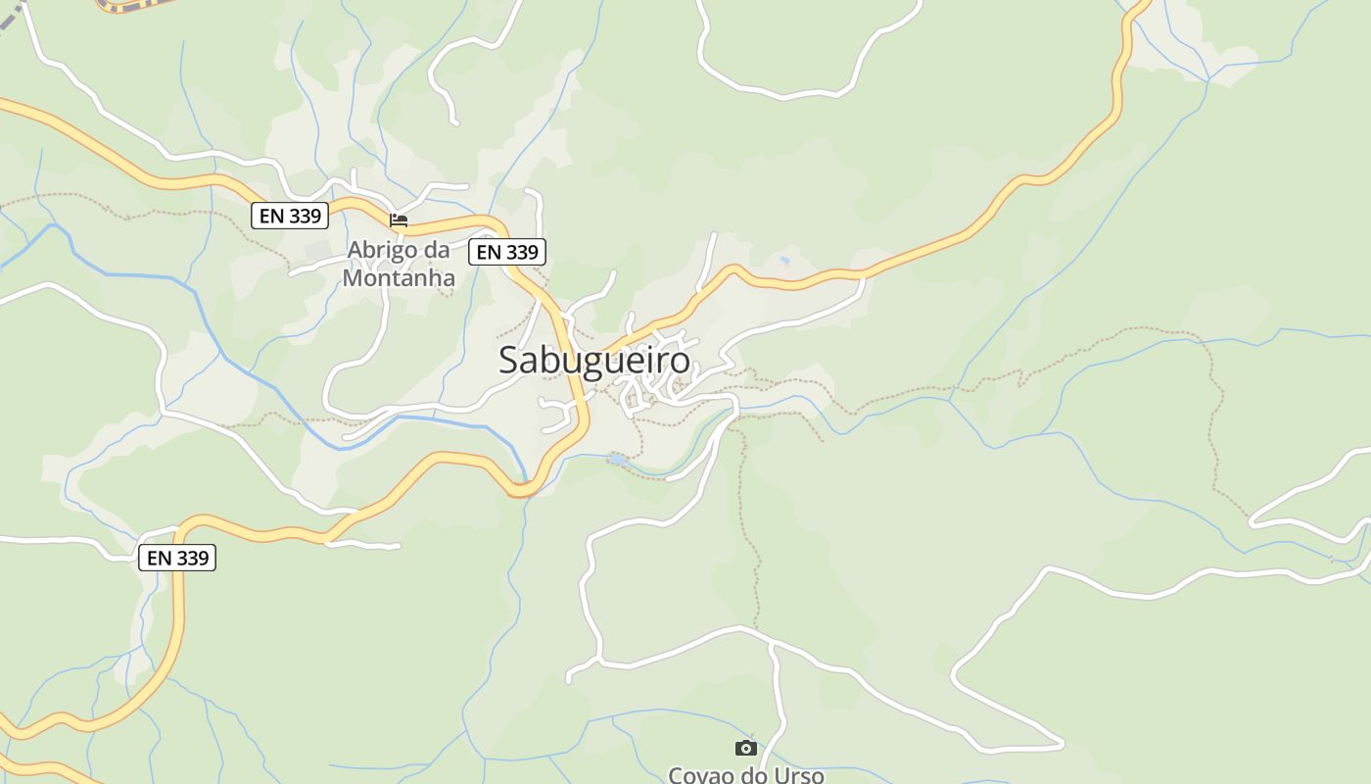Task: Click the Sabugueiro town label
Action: (594, 361)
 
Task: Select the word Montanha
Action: (399, 278)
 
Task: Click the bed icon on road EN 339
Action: (399, 220)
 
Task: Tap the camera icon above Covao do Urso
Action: (746, 748)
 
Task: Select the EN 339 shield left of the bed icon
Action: (290, 216)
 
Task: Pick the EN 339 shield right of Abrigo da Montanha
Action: (507, 252)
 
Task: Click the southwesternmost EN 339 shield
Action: (177, 558)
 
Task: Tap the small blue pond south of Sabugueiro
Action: (616, 459)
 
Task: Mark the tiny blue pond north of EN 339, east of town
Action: (784, 261)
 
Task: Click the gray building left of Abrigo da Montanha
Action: (318, 251)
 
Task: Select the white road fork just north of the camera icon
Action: (774, 645)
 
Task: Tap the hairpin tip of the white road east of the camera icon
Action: (1063, 745)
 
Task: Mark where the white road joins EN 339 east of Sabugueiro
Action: (864, 274)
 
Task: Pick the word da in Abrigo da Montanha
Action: (437, 250)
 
